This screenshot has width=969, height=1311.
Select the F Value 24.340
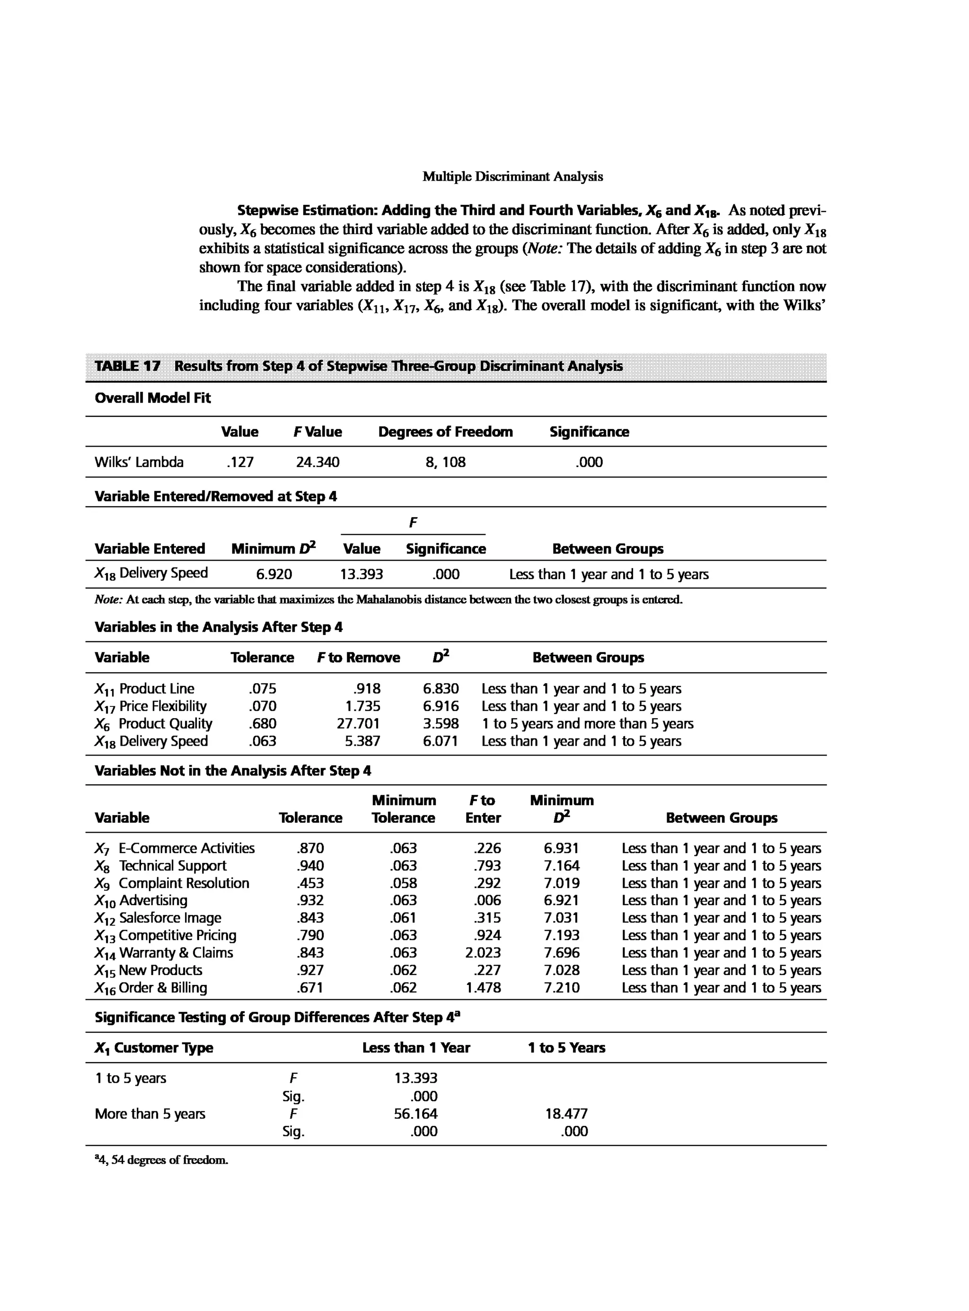(x=317, y=462)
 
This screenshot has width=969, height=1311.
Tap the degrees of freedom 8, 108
(x=445, y=462)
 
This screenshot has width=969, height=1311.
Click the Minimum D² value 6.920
(x=273, y=574)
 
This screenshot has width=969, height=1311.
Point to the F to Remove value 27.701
(x=358, y=724)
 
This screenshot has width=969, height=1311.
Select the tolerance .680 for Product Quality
(x=262, y=724)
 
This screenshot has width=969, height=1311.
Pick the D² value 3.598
(x=440, y=724)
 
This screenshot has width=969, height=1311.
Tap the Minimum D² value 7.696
(x=561, y=953)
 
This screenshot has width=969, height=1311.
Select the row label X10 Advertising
(x=141, y=901)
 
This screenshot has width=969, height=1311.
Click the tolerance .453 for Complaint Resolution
(x=310, y=883)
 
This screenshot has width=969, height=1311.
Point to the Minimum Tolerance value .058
(x=403, y=883)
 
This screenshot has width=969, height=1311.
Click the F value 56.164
(x=415, y=1114)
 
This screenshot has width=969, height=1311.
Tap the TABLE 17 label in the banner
(x=127, y=366)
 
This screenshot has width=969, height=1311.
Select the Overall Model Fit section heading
(x=152, y=398)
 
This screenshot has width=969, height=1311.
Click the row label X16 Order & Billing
(x=151, y=988)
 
